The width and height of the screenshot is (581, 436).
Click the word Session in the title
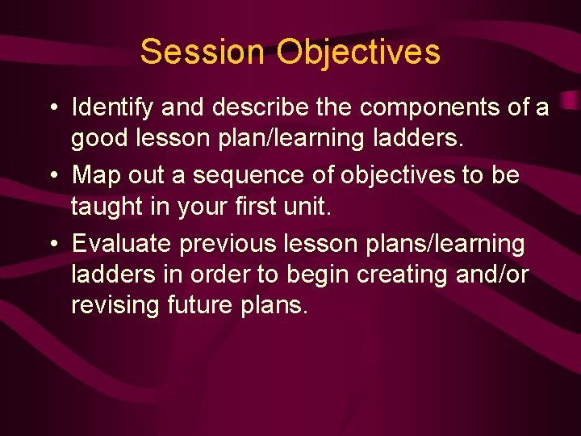point(202,52)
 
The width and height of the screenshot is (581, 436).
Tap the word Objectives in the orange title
point(358,52)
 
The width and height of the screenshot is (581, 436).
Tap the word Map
point(94,175)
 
